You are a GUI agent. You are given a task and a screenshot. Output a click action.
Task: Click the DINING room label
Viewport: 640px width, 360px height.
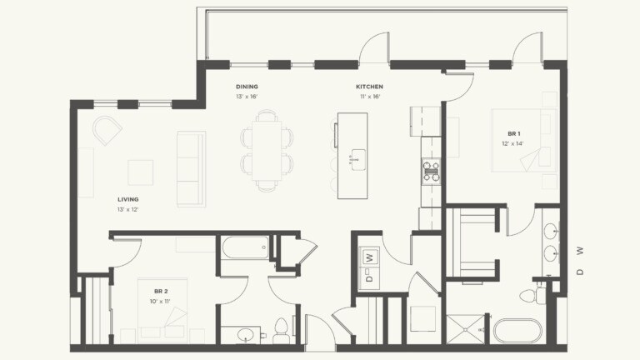247,87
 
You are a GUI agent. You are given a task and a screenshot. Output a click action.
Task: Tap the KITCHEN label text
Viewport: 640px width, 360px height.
369,87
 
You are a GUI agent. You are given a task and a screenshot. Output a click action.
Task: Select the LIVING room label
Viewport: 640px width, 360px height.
127,199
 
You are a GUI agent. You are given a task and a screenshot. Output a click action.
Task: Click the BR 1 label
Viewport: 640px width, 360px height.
514,133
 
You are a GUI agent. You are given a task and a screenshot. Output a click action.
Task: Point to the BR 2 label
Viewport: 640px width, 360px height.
161,292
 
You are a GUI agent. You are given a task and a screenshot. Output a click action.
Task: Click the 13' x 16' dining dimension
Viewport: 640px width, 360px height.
247,97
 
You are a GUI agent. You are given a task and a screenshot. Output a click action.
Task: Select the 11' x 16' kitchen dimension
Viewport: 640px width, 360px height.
369,97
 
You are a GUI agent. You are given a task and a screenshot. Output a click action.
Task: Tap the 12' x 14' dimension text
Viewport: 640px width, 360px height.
514,143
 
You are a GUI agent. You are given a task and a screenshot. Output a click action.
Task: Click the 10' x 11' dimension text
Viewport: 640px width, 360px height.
161,302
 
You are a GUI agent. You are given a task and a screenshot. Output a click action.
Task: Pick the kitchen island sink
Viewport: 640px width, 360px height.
358,157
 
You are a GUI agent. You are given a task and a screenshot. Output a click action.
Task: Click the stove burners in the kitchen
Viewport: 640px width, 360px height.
431,171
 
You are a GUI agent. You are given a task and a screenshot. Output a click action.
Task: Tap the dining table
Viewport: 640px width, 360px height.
267,151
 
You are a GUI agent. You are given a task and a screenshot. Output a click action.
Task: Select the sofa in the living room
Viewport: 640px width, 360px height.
191,168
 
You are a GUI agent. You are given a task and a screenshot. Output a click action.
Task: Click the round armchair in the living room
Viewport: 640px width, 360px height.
107,129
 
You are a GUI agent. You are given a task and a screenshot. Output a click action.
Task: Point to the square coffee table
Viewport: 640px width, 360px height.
140,172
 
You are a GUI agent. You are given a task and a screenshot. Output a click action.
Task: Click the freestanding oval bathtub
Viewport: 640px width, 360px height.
518,331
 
